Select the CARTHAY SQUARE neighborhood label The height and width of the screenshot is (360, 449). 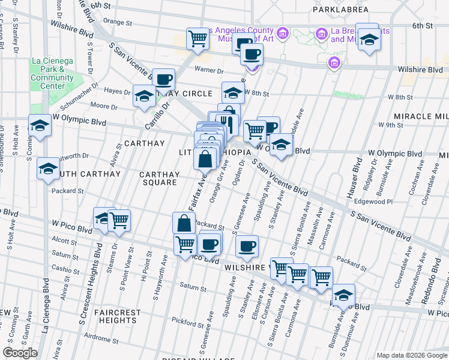159,178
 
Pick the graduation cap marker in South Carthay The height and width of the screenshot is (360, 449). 48,169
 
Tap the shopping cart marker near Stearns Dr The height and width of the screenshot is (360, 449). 119,221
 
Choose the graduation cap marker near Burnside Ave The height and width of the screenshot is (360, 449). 343,295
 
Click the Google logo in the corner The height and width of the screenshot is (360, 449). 20,353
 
